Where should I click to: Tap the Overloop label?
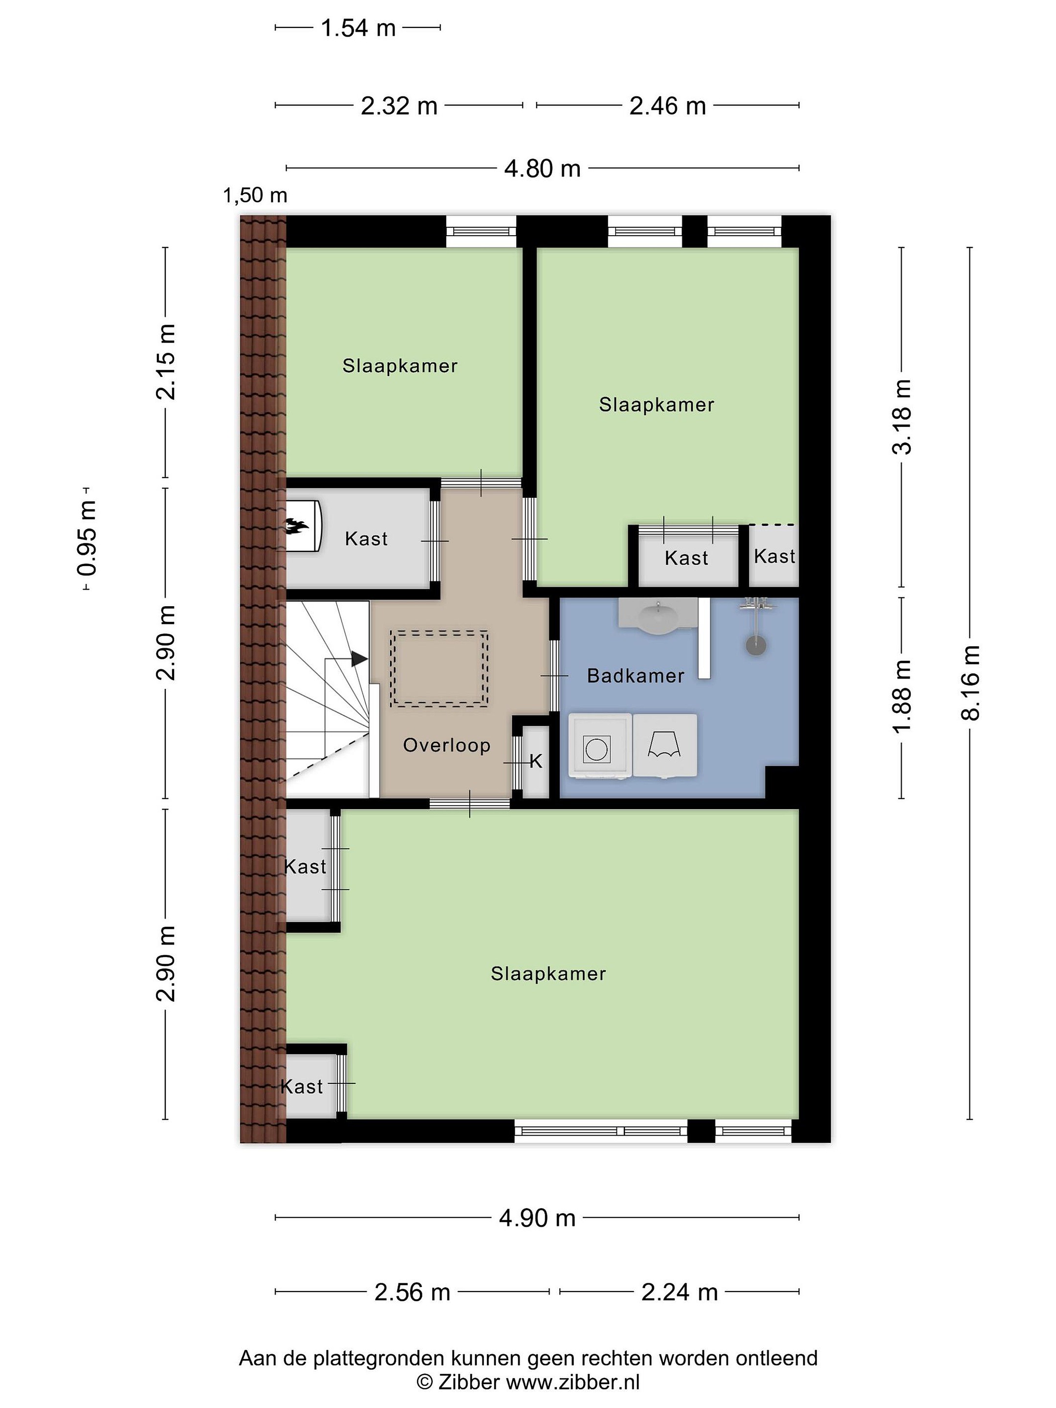point(446,746)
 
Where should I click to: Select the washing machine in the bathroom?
point(599,746)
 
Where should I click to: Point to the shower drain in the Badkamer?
point(755,645)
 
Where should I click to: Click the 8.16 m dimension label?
point(970,683)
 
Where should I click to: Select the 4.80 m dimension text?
point(542,169)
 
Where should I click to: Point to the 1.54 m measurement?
point(358,28)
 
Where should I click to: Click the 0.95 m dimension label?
point(87,538)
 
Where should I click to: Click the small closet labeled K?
point(535,761)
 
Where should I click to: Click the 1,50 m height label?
point(255,196)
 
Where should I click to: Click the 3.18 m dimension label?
point(902,417)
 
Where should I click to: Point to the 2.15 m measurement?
point(166,362)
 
